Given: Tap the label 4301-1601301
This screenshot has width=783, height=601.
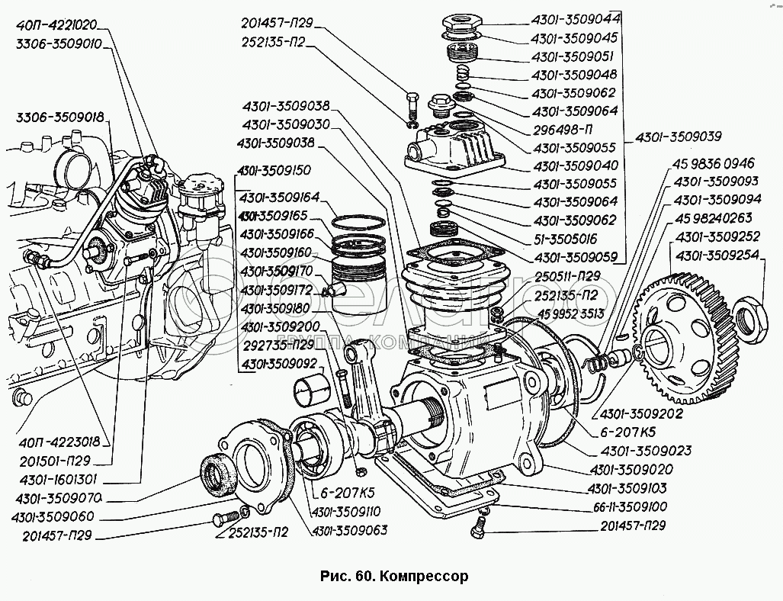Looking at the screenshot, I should coord(56,481).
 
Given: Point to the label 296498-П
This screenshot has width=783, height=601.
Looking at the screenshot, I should coord(563,129).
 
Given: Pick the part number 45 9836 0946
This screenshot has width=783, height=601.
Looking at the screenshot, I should coord(712,163).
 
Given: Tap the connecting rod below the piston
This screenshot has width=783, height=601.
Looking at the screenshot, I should coord(374,389).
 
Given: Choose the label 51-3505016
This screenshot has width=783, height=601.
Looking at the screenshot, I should coord(570,239).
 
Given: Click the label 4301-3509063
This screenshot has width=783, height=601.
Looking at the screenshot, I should coord(349,529).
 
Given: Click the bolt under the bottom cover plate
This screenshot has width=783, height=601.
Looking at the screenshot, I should coord(479,525).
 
